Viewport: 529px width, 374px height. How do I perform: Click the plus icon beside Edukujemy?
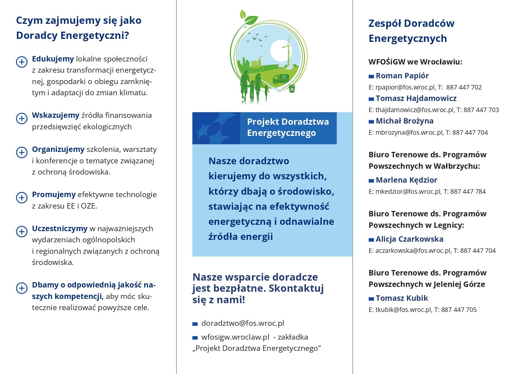coord(22,62)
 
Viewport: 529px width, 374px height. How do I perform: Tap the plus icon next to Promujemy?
coord(22,198)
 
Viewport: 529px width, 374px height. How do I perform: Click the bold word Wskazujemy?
coord(55,115)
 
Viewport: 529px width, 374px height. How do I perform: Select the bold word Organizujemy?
coord(58,149)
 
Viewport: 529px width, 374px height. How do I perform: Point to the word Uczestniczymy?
coord(60,229)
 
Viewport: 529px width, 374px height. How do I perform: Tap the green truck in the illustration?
coord(281,79)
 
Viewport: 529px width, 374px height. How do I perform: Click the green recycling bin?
coord(292,89)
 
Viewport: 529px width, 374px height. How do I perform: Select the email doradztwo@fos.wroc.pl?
coord(242,323)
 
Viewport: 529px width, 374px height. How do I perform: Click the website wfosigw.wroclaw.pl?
coord(235,337)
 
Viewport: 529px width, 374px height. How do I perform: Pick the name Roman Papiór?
coord(402,76)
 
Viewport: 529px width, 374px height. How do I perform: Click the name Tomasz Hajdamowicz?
coord(416,99)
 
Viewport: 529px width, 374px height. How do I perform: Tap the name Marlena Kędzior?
coord(406,180)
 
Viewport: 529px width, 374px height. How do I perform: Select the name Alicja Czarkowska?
coord(409,239)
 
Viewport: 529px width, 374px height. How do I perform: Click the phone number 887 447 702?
coord(464,87)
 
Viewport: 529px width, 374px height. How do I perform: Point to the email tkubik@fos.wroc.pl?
coord(403,310)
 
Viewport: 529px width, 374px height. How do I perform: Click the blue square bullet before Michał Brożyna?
coord(371,122)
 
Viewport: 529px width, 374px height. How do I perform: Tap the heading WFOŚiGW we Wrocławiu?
coord(415,62)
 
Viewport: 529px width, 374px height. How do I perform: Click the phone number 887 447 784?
coord(468,192)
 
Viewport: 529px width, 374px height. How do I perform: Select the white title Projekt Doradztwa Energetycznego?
coord(288,127)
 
